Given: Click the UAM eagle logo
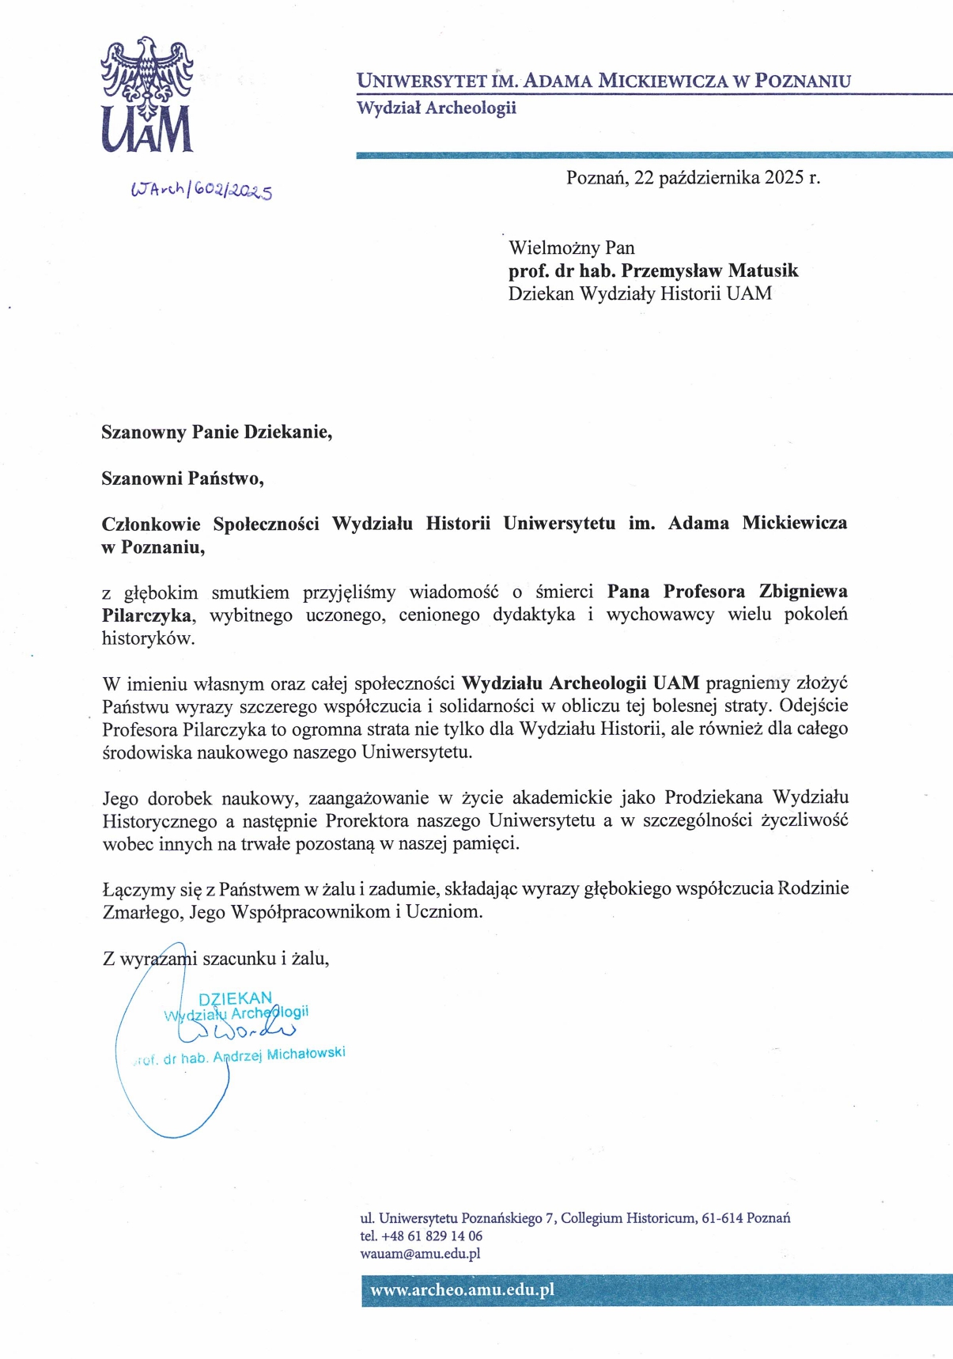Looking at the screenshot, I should (147, 95).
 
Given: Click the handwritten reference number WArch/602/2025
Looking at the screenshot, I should (202, 190).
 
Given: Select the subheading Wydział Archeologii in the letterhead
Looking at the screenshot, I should (436, 108).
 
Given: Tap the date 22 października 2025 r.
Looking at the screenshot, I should (727, 177).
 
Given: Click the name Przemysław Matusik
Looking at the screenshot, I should (709, 271).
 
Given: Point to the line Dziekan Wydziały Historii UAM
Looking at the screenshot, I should (639, 293).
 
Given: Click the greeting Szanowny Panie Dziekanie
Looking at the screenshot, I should (216, 432).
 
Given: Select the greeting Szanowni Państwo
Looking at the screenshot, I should (182, 478).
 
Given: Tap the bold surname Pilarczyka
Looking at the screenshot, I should (146, 615).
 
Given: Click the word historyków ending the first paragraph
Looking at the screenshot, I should (148, 638).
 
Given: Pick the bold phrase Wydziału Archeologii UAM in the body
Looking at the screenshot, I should (580, 683).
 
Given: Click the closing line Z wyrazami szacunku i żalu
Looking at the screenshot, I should (216, 959).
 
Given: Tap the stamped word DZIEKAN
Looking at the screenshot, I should (235, 998).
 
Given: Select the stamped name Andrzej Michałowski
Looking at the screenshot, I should (279, 1054).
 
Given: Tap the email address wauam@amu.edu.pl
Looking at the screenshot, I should (420, 1253).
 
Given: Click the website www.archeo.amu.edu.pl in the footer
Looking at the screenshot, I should (462, 1289).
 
